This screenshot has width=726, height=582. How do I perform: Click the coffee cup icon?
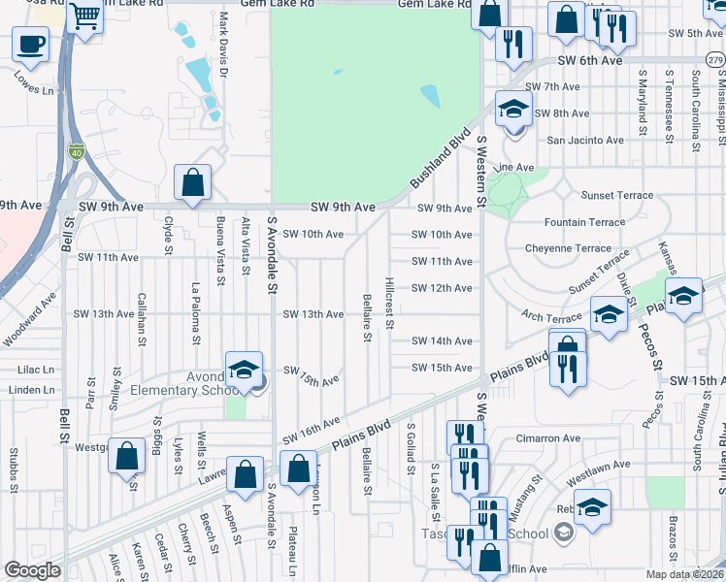pyautogui.click(x=30, y=44)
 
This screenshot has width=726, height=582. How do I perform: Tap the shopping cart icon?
pyautogui.click(x=85, y=17)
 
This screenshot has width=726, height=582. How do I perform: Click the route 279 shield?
pyautogui.click(x=715, y=60)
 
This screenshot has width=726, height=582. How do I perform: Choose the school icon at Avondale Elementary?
pyautogui.click(x=245, y=370)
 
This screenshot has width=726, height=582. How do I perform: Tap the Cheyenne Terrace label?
pyautogui.click(x=569, y=248)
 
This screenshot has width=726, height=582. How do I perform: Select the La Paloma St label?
pyautogui.click(x=195, y=313)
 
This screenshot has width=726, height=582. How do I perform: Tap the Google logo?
pyautogui.click(x=32, y=570)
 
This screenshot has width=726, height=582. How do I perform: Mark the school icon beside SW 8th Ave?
pyautogui.click(x=513, y=110)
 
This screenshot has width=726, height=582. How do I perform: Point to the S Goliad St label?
pyautogui.click(x=412, y=441)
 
